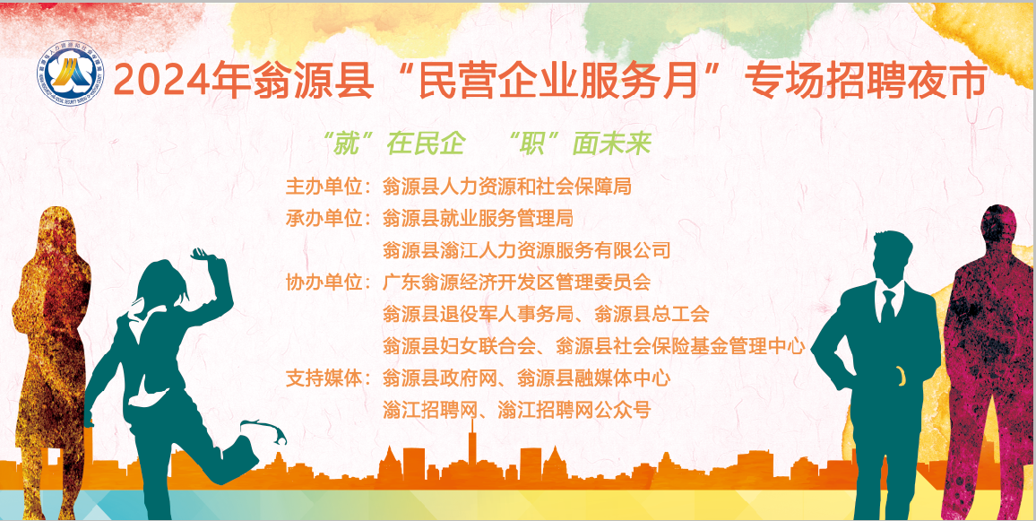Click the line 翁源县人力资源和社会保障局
coord(507,187)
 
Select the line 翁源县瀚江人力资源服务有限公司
coord(526,250)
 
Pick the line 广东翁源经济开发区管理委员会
coord(516,282)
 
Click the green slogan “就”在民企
coord(395,143)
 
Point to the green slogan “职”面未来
coord(578,143)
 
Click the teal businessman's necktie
coord(887,306)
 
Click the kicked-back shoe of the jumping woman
coord(270,434)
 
